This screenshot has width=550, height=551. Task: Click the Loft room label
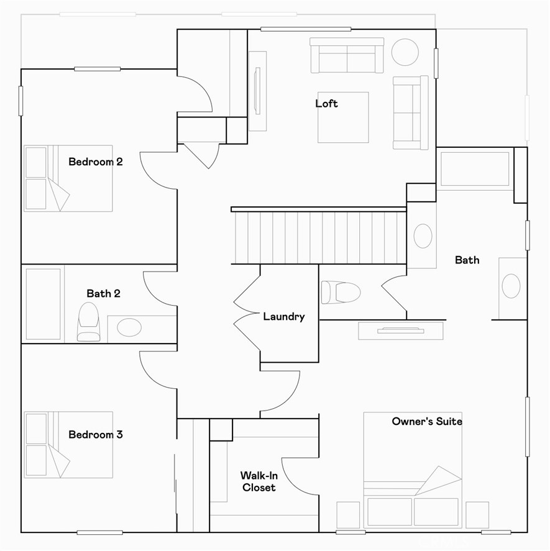326,103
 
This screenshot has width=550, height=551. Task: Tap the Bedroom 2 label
96,162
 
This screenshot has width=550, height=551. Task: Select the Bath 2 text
103,293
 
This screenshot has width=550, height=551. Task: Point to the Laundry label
284,316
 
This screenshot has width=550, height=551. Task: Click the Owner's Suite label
427,421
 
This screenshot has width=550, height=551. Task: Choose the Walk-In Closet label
259,481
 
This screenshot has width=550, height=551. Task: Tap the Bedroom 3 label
96,435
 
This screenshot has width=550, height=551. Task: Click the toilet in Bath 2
88,321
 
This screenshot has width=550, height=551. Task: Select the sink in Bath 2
129,327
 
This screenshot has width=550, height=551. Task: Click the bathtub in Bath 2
44,304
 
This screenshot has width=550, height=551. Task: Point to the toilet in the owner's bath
341,292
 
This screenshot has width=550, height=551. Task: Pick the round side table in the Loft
405,52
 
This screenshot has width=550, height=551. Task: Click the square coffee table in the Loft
343,117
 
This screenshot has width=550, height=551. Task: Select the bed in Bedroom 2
68,178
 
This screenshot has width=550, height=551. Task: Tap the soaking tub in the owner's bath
475,168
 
